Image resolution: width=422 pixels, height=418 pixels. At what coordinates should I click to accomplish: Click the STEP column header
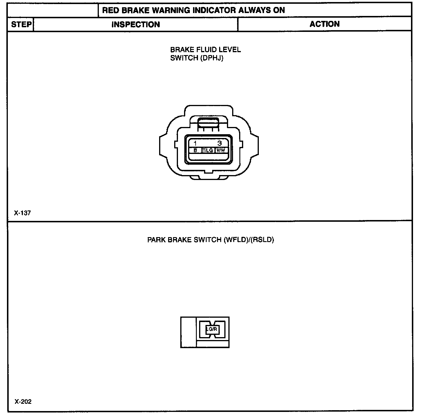click(x=21, y=24)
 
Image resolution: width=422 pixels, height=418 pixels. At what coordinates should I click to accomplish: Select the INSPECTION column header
click(x=136, y=24)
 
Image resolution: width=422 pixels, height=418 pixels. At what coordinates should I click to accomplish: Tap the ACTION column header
click(x=324, y=24)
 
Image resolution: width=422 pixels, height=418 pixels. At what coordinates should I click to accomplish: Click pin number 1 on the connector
click(x=195, y=143)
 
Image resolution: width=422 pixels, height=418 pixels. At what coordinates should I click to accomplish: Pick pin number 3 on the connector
click(x=220, y=143)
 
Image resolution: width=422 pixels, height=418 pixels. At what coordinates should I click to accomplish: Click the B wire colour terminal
click(x=195, y=150)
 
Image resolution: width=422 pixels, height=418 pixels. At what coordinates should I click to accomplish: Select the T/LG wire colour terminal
click(x=208, y=150)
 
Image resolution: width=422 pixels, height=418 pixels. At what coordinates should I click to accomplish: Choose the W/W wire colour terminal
click(x=221, y=150)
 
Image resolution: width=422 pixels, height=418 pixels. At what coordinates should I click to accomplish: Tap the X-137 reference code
click(x=22, y=213)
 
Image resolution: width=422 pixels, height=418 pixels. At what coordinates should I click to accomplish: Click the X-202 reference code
click(x=23, y=402)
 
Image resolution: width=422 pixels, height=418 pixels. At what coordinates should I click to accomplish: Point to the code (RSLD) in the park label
click(x=263, y=240)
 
